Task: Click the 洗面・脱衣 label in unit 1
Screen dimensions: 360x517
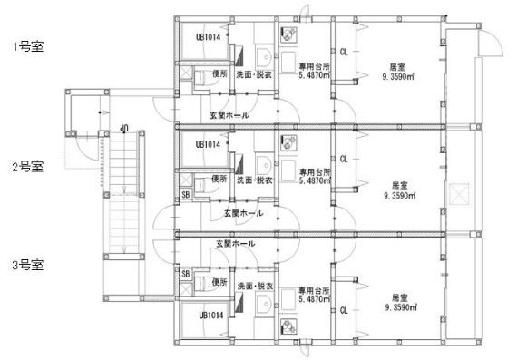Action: click(x=254, y=74)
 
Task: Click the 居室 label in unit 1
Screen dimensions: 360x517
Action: click(x=396, y=67)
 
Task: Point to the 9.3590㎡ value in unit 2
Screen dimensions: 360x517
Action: click(x=399, y=195)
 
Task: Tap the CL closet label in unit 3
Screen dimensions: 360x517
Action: click(x=344, y=310)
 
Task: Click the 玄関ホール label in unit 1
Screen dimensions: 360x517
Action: click(x=229, y=115)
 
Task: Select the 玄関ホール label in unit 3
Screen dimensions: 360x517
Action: click(x=236, y=244)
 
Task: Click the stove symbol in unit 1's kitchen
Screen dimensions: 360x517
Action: click(x=288, y=36)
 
